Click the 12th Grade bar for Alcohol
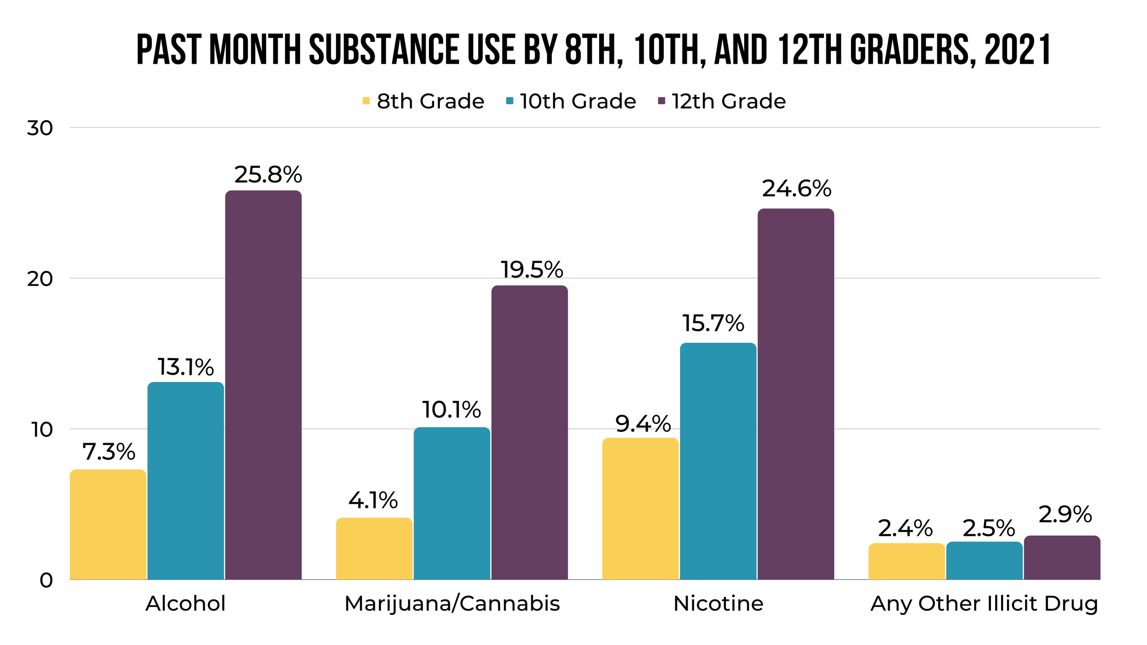point(263,385)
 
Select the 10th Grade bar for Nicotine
point(718,461)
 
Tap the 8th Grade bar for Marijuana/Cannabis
point(374,549)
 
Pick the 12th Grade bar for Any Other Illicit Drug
point(1062,558)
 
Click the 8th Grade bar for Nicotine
point(640,509)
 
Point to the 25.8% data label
point(268,175)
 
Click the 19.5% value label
point(531,270)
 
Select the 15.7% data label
point(713,323)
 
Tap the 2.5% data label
point(989,528)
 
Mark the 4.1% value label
point(373,500)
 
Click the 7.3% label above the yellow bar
point(109,452)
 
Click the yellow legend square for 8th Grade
point(366,100)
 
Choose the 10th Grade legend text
point(578,101)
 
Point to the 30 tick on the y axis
point(40,128)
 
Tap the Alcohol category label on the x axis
point(185,604)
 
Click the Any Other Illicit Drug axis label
point(984,604)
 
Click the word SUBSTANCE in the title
point(384,50)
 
